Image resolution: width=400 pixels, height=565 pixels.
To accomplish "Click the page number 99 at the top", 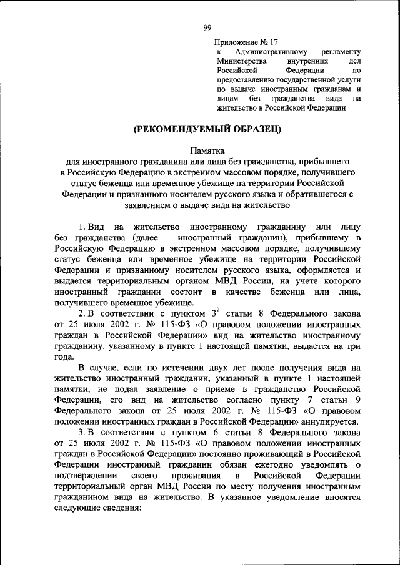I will point(207,26).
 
